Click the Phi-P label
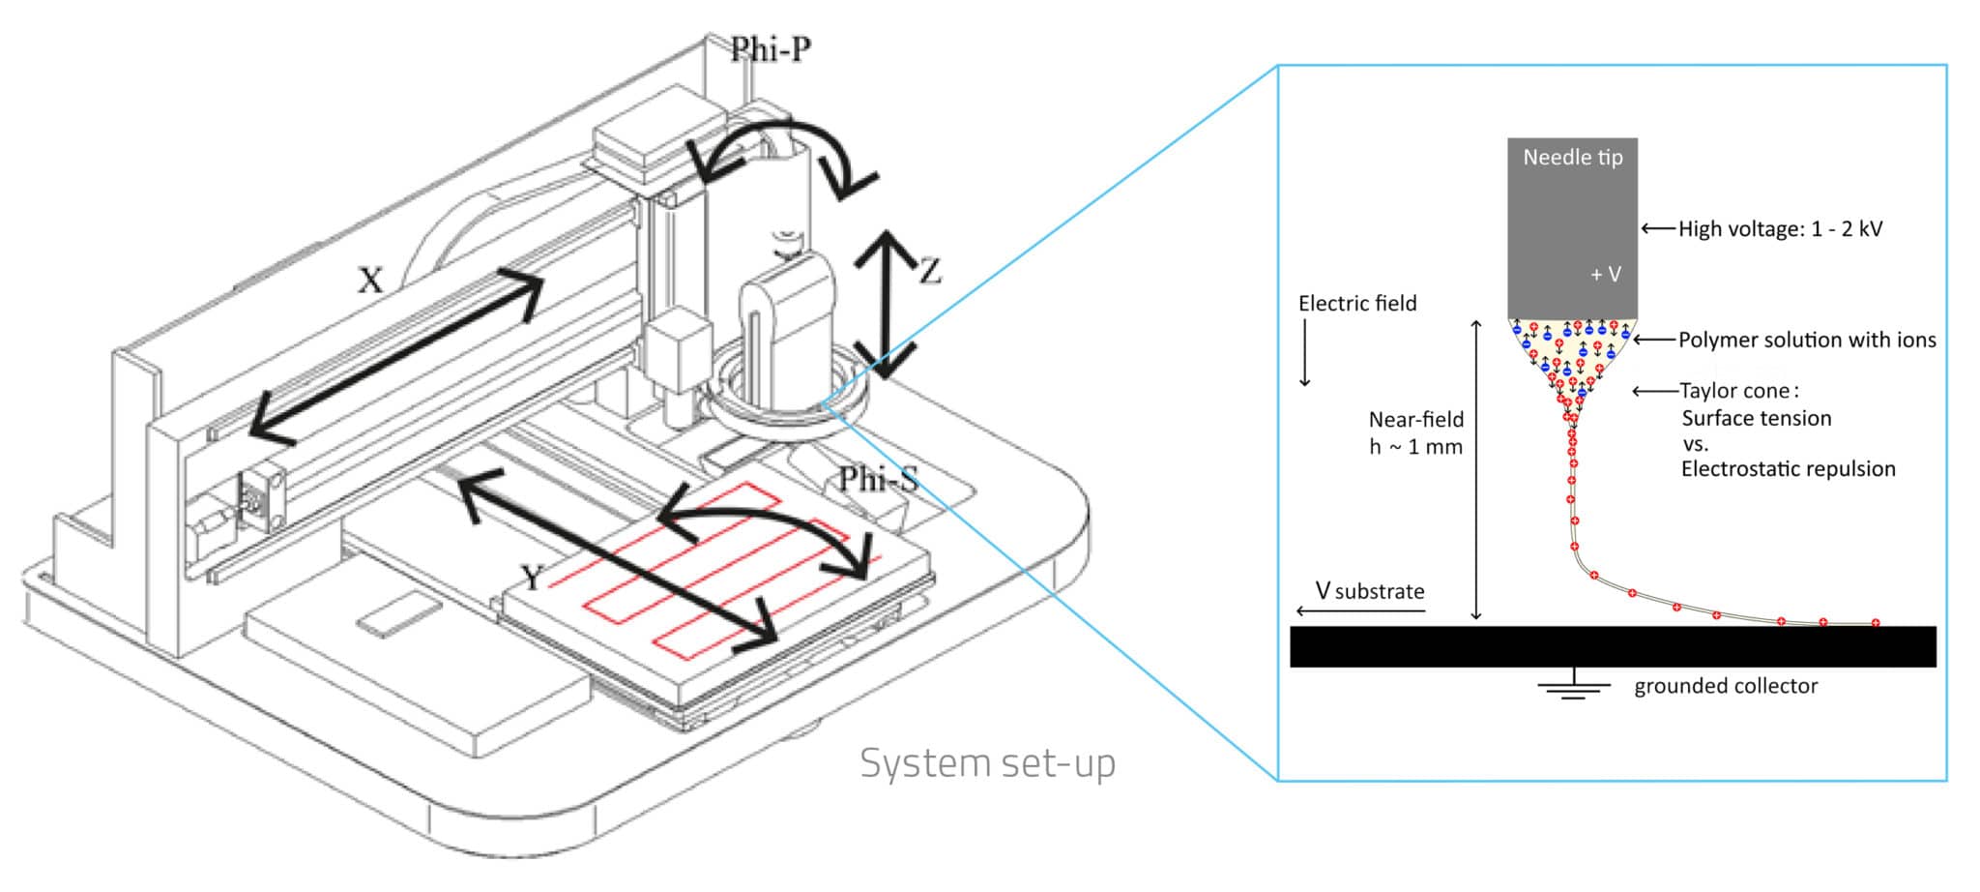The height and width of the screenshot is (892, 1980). [x=770, y=48]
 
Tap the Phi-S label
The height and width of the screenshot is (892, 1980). [x=877, y=479]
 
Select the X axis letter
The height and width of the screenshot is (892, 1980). [x=370, y=281]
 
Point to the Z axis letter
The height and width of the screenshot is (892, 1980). [x=930, y=271]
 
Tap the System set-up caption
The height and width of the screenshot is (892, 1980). [x=987, y=763]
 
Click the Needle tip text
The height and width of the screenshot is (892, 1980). [x=1572, y=158]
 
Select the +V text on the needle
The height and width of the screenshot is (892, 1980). [x=1605, y=275]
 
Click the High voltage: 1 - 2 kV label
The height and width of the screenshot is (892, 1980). [x=1780, y=229]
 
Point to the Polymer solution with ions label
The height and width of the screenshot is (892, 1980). [x=1806, y=341]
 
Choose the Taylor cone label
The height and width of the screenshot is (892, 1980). [x=1737, y=391]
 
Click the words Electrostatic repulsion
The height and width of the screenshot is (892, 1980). [x=1788, y=469]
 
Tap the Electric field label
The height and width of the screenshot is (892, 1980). [x=1356, y=304]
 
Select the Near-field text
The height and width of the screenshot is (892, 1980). [x=1415, y=420]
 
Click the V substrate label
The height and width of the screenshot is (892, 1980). [x=1369, y=591]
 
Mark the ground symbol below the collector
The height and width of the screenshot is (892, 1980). [x=1573, y=687]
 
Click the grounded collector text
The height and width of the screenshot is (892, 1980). [x=1725, y=687]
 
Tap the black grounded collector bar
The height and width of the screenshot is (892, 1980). [x=1612, y=646]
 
